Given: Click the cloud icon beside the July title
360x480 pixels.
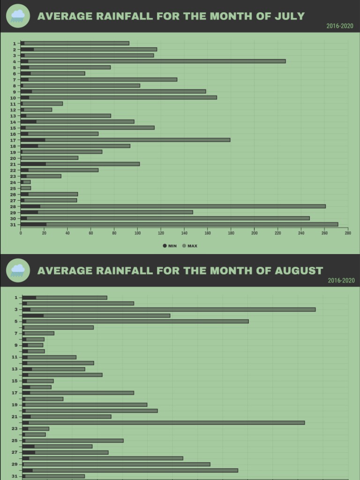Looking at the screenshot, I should point(18,16).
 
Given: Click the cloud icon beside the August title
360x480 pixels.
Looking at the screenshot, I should point(18,270).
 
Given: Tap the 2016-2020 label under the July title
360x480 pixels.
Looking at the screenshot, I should point(340,26).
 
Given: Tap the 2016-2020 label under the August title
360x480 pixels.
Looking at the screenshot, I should point(341,280).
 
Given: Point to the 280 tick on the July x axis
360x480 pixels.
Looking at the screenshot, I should point(347,233).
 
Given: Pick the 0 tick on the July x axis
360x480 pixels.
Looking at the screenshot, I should point(21,233).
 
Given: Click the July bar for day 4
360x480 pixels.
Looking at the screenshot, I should point(153,61).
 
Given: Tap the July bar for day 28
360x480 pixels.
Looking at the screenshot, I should point(173,206).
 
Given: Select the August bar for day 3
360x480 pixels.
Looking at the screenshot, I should point(169,309).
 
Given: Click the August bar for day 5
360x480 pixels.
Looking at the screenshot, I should point(135,321).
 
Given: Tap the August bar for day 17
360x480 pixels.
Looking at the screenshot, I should point(78,393).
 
